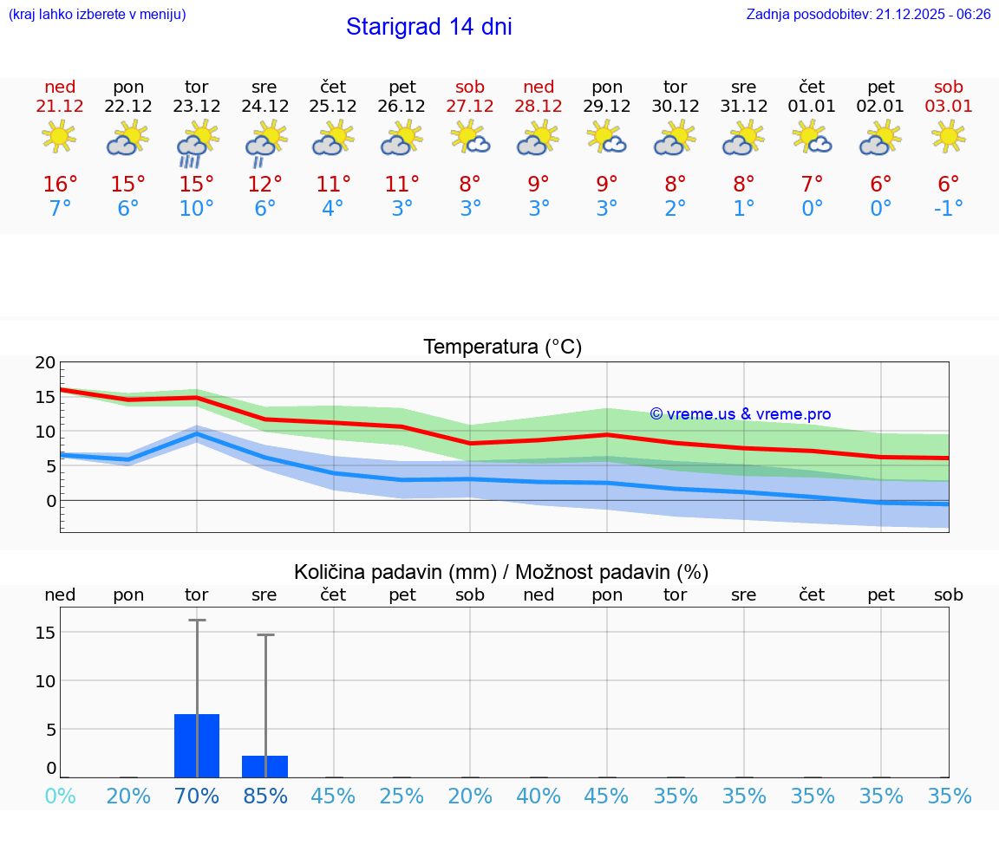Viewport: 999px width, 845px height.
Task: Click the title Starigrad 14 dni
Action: coord(428,27)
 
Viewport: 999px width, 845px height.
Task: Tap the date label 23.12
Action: coord(197,107)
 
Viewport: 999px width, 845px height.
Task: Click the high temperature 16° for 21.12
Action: coord(60,184)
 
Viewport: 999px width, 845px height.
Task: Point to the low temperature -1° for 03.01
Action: coord(949,208)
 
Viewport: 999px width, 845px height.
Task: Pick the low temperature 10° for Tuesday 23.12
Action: coord(197,208)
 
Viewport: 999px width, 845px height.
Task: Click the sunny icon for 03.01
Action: coord(949,137)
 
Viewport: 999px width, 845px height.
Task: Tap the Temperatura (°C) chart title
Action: coord(502,348)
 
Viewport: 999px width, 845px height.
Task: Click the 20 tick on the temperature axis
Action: coord(45,363)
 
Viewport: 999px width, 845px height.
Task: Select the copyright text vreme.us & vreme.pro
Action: coord(741,414)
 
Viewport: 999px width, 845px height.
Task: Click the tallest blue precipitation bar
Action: coord(197,746)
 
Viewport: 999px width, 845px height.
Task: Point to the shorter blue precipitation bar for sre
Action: coord(264,767)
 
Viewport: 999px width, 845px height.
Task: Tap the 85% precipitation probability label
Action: coord(265,796)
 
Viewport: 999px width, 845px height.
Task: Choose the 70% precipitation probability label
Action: coord(197,796)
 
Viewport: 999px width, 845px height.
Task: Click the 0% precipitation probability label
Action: coord(60,796)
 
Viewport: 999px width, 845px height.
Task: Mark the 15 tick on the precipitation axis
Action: coord(45,633)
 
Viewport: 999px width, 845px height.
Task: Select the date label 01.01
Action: coord(812,107)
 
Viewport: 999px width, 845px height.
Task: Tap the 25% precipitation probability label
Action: coord(402,796)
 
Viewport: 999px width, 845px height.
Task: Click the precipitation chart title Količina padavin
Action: coord(501,572)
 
